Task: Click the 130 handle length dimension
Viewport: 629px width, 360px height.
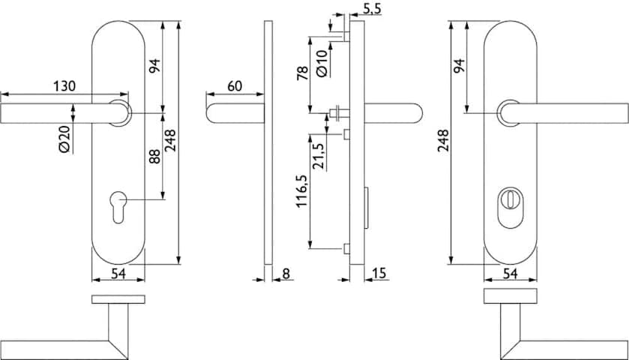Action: [x=64, y=86]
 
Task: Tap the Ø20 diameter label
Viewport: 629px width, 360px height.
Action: [x=64, y=139]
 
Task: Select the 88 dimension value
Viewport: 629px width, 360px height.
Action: [x=154, y=157]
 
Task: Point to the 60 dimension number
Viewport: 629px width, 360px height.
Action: [x=235, y=86]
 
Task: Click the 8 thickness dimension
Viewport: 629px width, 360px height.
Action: [x=286, y=274]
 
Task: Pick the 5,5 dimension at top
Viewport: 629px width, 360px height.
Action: [x=373, y=9]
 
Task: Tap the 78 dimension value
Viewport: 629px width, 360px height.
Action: [x=302, y=73]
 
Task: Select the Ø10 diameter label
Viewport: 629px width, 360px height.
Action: [x=322, y=64]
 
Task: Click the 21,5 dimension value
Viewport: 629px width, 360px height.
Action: [x=319, y=156]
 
